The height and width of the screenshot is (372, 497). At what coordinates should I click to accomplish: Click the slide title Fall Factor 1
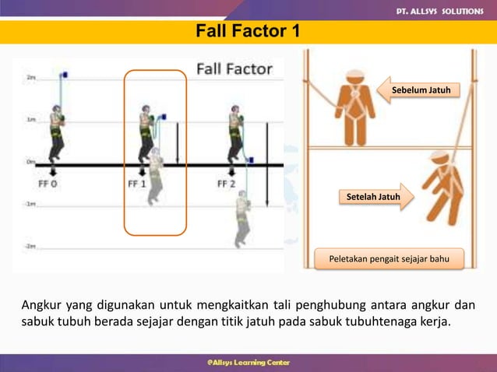click(246, 32)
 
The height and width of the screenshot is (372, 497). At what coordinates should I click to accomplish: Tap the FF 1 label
click(138, 184)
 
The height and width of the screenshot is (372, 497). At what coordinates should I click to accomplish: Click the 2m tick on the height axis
click(30, 78)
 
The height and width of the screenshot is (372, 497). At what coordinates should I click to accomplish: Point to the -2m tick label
click(30, 245)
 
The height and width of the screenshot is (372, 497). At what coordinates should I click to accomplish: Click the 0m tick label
click(30, 162)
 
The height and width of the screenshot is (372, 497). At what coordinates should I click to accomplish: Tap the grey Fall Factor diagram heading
click(234, 68)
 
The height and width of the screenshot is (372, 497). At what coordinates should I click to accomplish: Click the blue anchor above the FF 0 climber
click(65, 75)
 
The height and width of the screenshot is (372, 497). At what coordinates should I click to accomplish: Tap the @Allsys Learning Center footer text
click(248, 362)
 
